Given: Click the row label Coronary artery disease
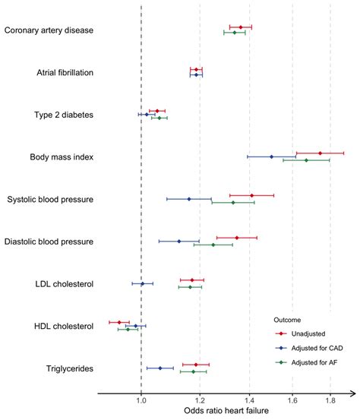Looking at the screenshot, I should pos(49,30).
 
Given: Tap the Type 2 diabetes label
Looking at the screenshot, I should pos(64,115).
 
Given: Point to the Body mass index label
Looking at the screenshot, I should pos(62,157).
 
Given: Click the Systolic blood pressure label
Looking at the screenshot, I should pos(50,200).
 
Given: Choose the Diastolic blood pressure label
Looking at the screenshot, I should pos(49,242).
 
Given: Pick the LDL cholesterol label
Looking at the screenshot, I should pos(64,284).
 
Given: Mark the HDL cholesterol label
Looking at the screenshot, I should pos(64,327).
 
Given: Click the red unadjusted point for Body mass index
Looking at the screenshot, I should pos(320,153).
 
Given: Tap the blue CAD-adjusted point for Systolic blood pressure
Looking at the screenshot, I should pos(189,199).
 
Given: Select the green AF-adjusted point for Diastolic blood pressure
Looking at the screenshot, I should pos(213,245).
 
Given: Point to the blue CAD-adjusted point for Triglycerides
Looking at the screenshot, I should pos(159,368).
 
